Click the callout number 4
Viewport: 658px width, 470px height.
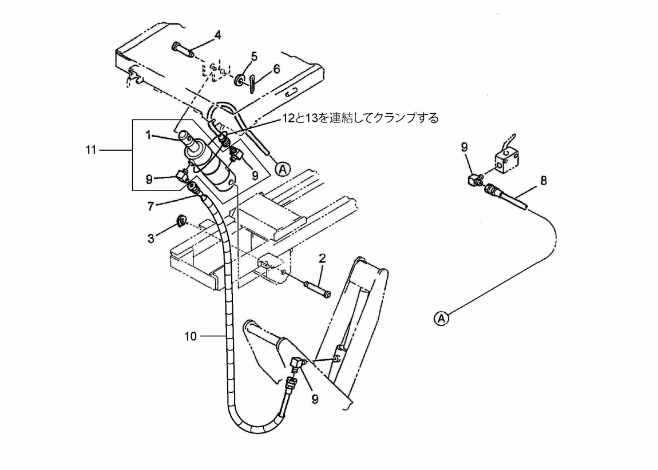coord(217,35)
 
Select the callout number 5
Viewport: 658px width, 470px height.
coord(254,57)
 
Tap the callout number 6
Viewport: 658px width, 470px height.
coord(276,69)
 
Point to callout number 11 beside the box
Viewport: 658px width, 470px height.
coord(91,150)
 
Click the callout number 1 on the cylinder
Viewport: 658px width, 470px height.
coord(148,135)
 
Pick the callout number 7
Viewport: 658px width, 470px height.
coord(150,206)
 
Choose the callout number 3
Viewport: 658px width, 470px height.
coord(151,238)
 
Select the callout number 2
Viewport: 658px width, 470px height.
coord(322,258)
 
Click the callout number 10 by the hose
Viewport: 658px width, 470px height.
coord(191,336)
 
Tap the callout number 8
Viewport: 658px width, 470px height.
coord(544,181)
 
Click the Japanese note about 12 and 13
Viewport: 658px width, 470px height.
coord(360,118)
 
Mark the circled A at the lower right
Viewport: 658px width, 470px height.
coord(441,318)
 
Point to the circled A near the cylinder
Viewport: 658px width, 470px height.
coord(283,169)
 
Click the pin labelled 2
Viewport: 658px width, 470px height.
coord(317,289)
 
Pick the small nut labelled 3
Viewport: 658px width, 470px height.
coord(182,220)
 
